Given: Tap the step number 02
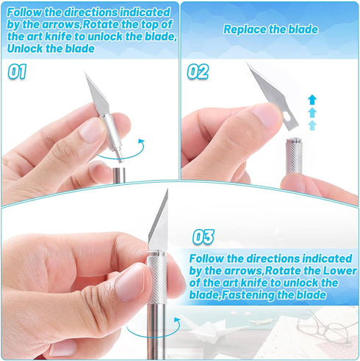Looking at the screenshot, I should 197,72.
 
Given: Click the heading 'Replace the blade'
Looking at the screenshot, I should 270,30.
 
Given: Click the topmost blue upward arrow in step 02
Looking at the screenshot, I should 312,99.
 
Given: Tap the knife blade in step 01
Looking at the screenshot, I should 97,94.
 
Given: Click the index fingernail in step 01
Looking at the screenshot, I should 91,131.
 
